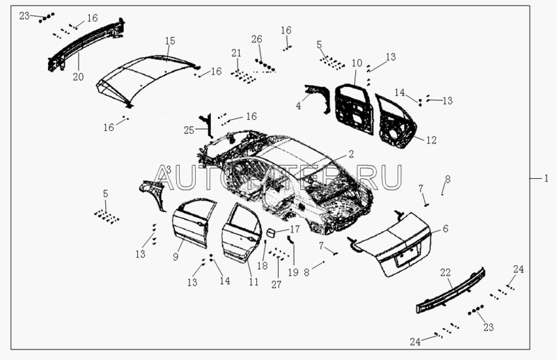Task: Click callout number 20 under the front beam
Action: (77, 77)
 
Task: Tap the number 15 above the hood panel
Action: (170, 42)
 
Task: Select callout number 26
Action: (257, 39)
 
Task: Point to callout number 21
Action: (237, 53)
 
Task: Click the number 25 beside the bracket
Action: (189, 130)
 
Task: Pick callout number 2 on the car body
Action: (351, 154)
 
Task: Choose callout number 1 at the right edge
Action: (547, 178)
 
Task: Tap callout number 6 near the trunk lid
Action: (446, 228)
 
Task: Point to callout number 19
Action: (292, 272)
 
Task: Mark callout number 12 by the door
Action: (431, 141)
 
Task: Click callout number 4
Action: (299, 106)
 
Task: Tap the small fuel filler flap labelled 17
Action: (269, 233)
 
